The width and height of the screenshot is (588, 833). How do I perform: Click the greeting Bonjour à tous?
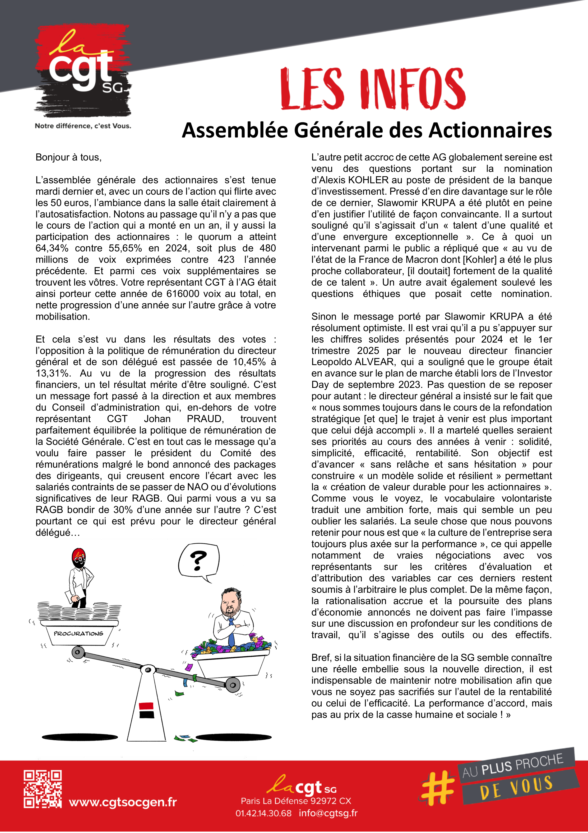coord(69,157)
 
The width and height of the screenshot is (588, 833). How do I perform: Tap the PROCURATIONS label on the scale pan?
coord(79,633)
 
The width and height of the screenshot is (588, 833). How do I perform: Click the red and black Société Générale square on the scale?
coord(146,710)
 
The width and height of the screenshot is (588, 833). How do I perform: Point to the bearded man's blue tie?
coord(231,633)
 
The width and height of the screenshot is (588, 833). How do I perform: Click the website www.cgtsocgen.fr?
coord(123,802)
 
